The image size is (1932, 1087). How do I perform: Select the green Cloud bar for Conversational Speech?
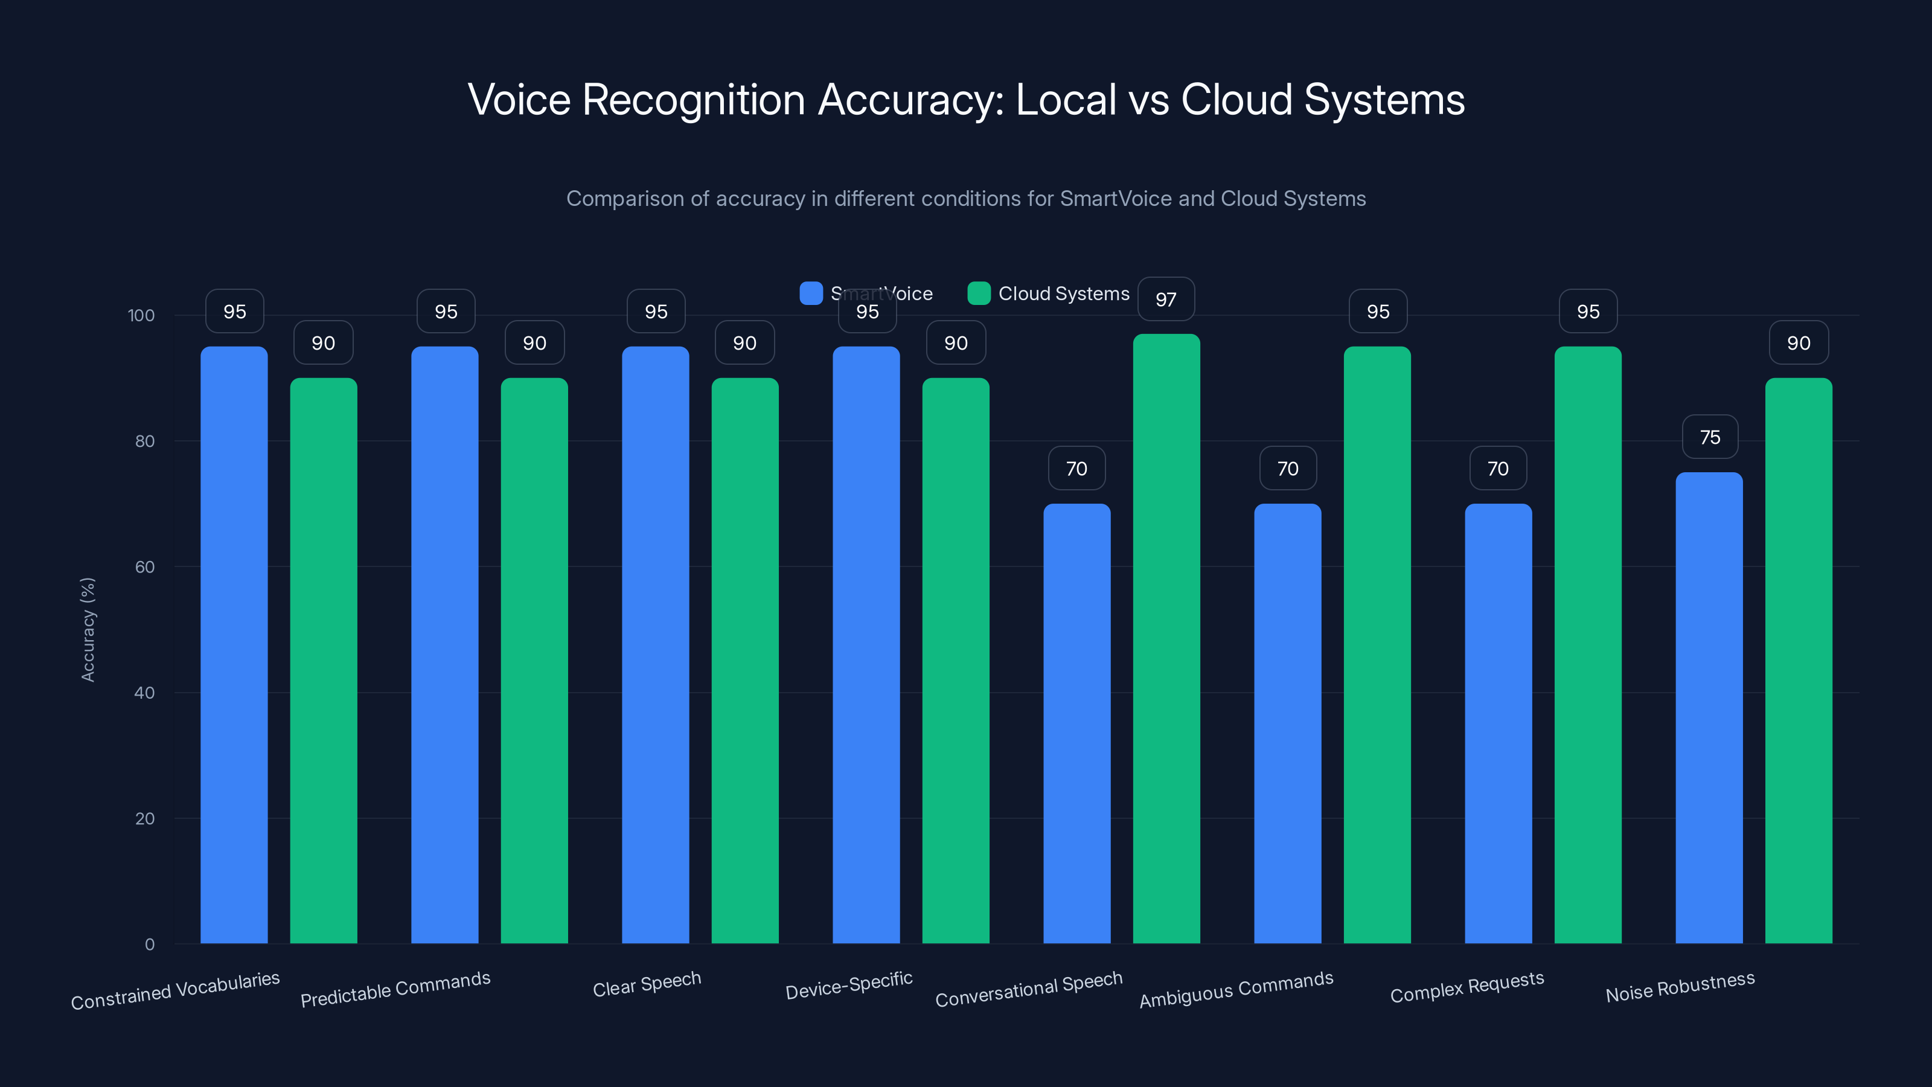click(1166, 638)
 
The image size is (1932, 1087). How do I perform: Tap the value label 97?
click(1165, 300)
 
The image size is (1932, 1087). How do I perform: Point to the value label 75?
click(1709, 437)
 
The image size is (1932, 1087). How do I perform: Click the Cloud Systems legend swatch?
click(979, 293)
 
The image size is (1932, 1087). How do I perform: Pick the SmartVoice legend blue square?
click(811, 293)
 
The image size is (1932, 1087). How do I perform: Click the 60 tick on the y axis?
click(145, 567)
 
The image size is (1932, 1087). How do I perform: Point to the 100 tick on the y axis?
click(141, 316)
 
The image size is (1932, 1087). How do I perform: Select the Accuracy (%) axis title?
click(88, 629)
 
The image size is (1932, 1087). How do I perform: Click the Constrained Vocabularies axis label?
click(176, 990)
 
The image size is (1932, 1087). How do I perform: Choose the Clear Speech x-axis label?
click(647, 984)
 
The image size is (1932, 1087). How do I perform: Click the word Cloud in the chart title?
click(1236, 100)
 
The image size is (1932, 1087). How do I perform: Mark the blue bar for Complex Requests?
click(1498, 723)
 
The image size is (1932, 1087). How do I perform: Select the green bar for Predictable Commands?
click(534, 660)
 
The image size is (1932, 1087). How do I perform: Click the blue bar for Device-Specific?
click(866, 644)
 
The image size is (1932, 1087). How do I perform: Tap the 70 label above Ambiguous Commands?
click(1288, 469)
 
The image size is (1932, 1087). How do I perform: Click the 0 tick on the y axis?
click(149, 944)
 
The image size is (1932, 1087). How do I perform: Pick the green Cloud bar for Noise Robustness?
click(1798, 660)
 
